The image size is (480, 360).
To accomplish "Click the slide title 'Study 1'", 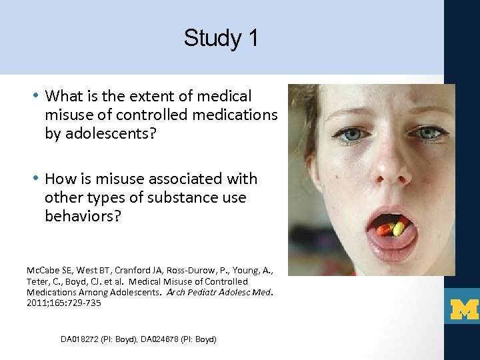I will coord(221,38).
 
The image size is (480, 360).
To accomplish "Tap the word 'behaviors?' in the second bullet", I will coord(82,216).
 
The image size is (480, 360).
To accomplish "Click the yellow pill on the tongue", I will coord(399,229).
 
